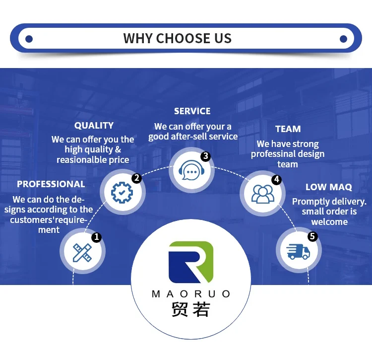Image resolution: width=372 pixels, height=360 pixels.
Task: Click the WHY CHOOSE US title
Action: pos(178,39)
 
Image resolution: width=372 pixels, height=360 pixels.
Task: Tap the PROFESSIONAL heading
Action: pos(51,184)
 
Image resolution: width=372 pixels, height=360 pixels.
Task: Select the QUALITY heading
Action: pos(94,126)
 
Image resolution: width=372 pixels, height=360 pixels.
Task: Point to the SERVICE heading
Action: pos(192,111)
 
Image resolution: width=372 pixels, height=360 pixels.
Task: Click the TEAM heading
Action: pos(288,129)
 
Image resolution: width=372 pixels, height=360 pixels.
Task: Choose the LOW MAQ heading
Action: pos(329,187)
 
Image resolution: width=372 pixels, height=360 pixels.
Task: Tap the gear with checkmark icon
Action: pos(122,192)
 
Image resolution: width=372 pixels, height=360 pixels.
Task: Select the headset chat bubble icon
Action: pos(191,170)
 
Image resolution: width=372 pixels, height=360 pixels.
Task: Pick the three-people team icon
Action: pos(262,194)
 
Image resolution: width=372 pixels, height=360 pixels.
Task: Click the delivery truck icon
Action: pos(298,252)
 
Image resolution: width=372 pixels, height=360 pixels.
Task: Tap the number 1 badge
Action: pos(96,237)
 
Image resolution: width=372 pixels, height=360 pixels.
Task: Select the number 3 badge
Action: pos(205,156)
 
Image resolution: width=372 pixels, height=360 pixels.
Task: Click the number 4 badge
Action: pos(276,179)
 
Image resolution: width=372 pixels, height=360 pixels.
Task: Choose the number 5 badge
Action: pos(312,236)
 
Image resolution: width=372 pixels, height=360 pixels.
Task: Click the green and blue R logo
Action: pos(190,262)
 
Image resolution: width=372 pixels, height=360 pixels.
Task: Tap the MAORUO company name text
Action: pos(191,294)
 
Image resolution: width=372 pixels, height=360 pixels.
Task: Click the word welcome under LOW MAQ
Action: pos(329,222)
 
